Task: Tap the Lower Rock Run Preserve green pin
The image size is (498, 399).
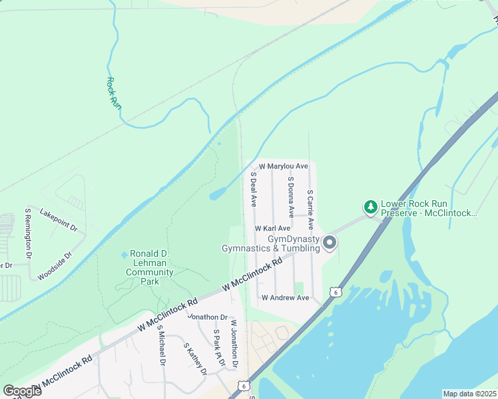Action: click(370, 207)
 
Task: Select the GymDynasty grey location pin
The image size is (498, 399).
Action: click(330, 244)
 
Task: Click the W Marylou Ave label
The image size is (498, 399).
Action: click(283, 166)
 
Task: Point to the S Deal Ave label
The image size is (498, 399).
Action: click(253, 190)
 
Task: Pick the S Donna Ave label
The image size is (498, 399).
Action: click(290, 197)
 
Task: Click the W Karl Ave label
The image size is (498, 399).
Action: click(272, 228)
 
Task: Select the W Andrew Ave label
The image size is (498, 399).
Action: click(285, 298)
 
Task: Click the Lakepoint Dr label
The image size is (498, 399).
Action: click(59, 221)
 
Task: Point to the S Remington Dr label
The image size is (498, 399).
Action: click(29, 233)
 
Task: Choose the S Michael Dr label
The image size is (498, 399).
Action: click(161, 348)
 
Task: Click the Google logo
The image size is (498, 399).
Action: click(22, 390)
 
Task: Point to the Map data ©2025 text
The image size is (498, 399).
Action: click(469, 394)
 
